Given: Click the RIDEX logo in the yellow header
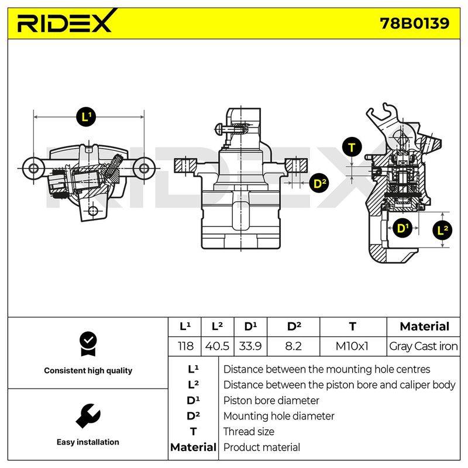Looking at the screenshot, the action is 67,21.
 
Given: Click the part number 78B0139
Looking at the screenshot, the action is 414,23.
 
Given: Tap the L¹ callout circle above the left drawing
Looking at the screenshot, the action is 87,116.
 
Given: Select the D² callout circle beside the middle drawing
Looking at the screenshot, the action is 319,183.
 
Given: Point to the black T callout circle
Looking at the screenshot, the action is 352,147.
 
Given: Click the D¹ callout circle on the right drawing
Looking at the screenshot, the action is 402,229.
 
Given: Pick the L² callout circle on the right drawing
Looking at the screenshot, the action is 442,230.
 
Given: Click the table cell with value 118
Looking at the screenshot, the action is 185,346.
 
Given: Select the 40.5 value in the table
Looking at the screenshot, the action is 217,346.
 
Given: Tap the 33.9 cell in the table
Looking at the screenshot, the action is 250,346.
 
